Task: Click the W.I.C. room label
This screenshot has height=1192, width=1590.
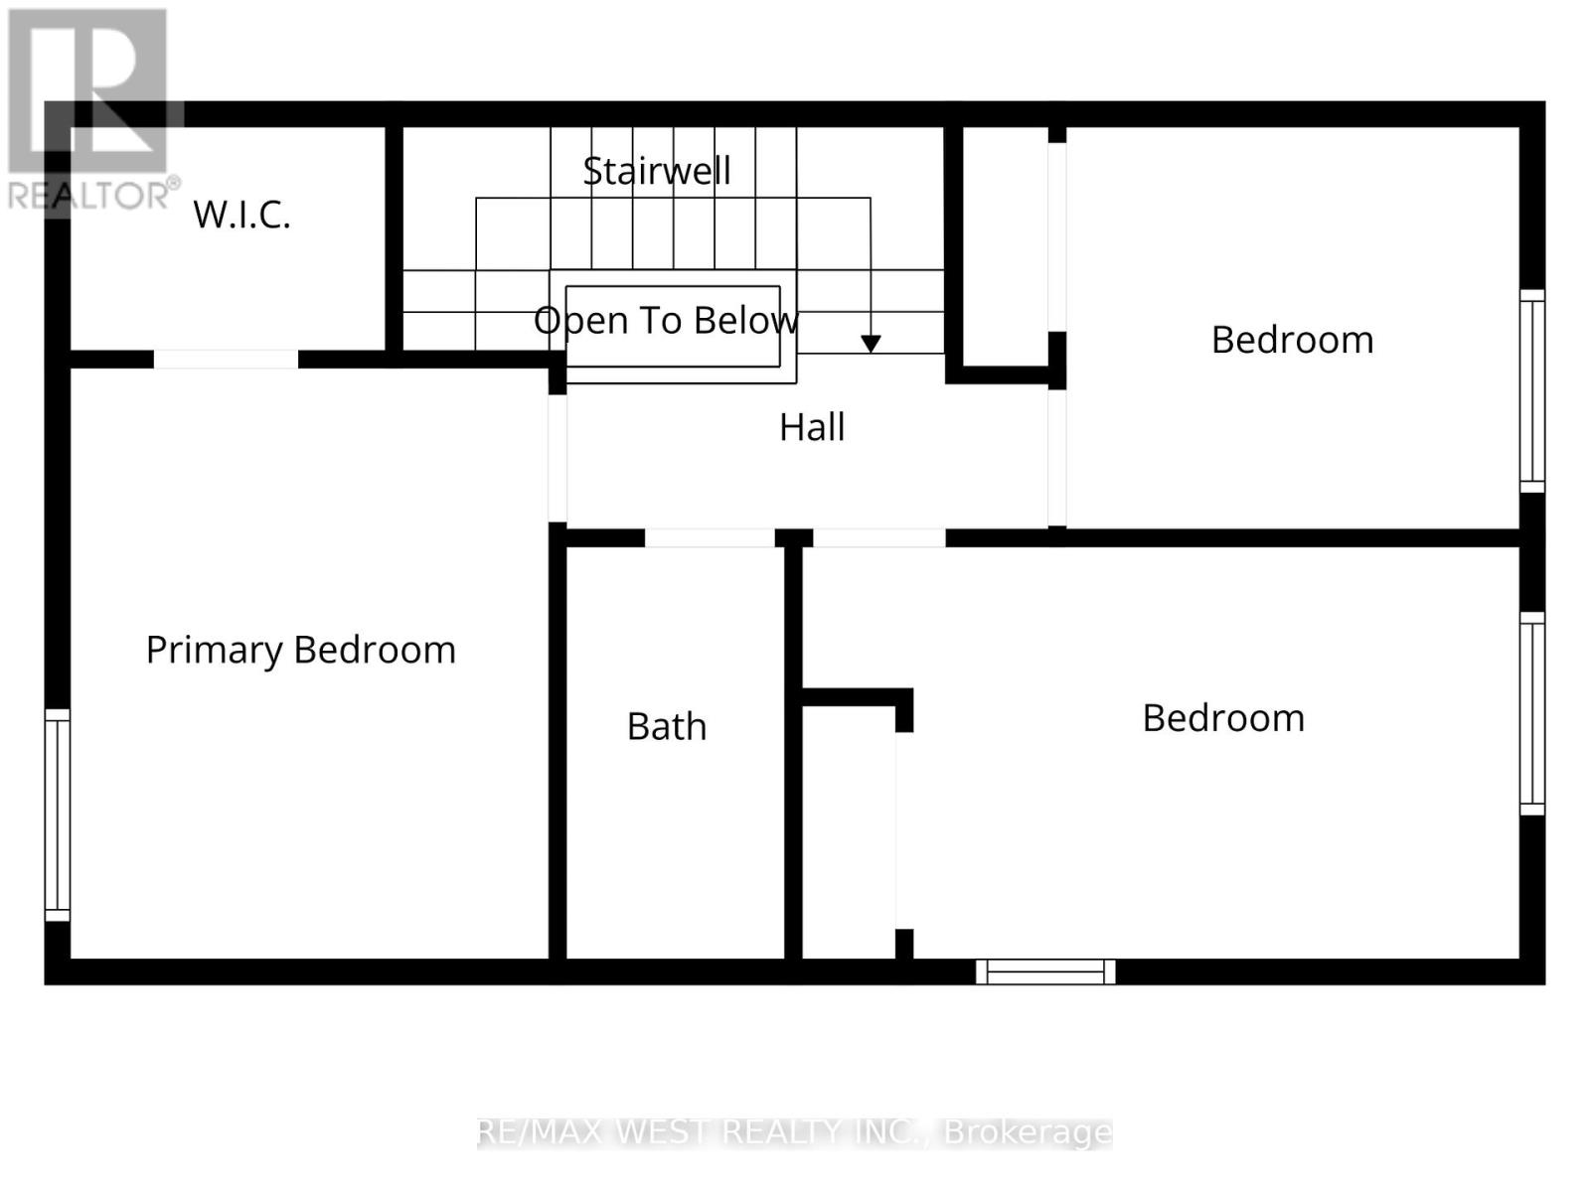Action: tap(241, 215)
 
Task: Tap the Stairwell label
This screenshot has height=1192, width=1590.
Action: tap(657, 171)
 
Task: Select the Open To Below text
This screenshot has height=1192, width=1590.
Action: tap(666, 320)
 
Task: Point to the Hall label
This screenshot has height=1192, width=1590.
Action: tap(812, 427)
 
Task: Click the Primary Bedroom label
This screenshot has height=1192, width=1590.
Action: tap(300, 650)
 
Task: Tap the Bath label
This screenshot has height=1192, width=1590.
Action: tap(667, 726)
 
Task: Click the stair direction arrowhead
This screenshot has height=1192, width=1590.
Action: tap(871, 344)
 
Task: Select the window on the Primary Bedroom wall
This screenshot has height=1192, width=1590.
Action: tap(58, 815)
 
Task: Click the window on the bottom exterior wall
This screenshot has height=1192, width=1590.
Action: tap(1045, 971)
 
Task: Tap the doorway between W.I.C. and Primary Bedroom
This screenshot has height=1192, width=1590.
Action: tap(226, 360)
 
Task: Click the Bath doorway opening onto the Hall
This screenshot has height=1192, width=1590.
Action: tap(710, 538)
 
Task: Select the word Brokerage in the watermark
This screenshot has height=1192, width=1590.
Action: tap(1028, 1132)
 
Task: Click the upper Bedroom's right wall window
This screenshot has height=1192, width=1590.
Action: tap(1532, 390)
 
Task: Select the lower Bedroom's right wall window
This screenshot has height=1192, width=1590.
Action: tap(1532, 713)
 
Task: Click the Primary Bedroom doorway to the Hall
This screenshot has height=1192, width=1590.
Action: tap(557, 458)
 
